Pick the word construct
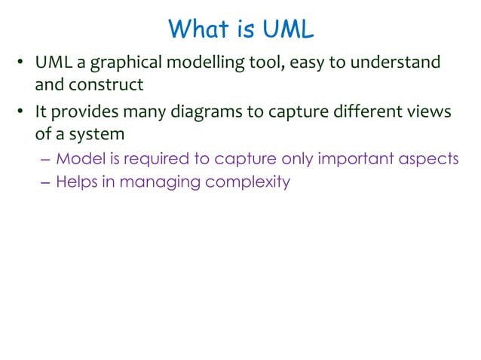tap(106, 84)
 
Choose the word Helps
tap(77, 182)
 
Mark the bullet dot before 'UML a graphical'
tap(22, 63)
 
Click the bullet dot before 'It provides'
tap(22, 112)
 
